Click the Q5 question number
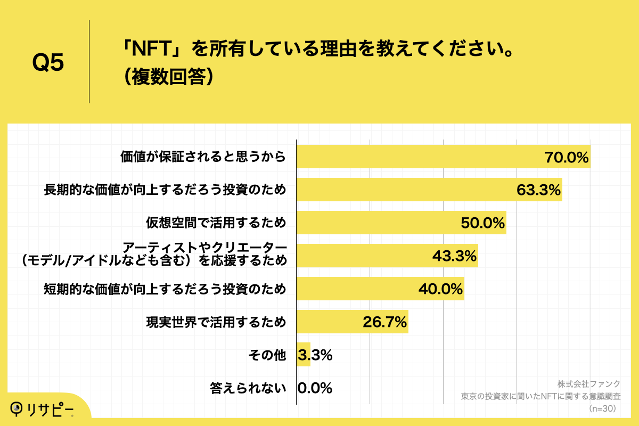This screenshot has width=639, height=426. coord(48,63)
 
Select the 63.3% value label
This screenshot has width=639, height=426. coord(539,190)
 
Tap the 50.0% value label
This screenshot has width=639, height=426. coord(482,223)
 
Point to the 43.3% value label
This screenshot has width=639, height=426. coord(454,256)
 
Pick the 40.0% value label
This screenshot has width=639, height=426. coord(440,289)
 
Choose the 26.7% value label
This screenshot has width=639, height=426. coord(384,322)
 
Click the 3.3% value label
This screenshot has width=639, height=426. coord(315,355)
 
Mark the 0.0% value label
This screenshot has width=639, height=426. coord(315,388)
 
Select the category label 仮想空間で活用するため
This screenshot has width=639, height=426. coord(216,223)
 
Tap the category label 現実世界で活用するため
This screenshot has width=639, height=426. coord(216,322)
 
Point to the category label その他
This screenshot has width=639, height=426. coord(267,355)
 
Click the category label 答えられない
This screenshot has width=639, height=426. coord(248,388)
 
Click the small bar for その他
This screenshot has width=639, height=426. coord(303,355)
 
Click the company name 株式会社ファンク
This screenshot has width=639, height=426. coord(589,384)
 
